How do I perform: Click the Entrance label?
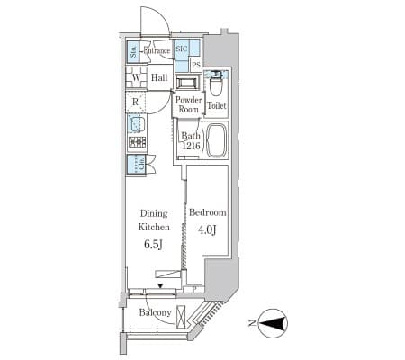157,50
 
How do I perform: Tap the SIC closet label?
182,49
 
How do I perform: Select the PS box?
196,65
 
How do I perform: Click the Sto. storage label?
133,51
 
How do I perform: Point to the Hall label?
159,78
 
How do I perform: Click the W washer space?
136,77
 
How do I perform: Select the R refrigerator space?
136,102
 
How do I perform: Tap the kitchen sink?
137,124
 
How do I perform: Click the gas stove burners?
138,141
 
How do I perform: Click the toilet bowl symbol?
215,84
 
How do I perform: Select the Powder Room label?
189,104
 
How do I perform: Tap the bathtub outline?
216,140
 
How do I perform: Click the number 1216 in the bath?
192,146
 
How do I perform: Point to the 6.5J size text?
154,245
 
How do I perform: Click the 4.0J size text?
207,230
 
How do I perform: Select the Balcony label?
155,312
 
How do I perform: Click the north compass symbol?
273,323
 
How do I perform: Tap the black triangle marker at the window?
161,286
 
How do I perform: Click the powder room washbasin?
187,82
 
